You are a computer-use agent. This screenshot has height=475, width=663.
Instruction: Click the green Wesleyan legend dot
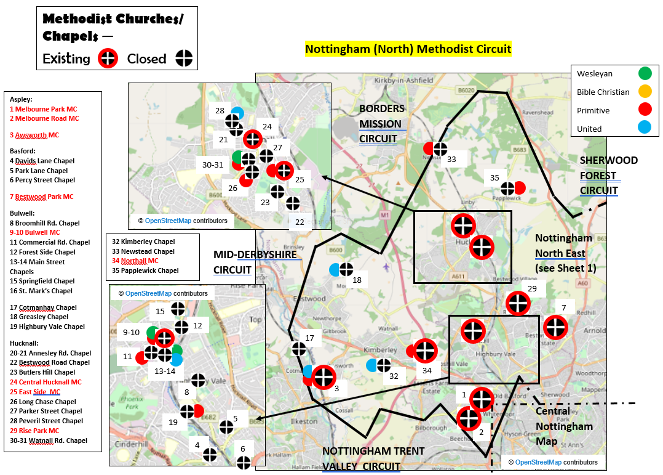(x=645, y=73)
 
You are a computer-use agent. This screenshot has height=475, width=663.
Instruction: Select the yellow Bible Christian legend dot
(x=645, y=92)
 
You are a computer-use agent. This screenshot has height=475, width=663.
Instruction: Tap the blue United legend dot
(x=645, y=129)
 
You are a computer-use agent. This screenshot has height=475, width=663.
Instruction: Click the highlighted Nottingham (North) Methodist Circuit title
(x=408, y=49)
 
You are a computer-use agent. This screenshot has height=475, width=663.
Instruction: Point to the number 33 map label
(x=451, y=159)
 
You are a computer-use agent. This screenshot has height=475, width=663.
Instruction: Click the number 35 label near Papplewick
(x=494, y=178)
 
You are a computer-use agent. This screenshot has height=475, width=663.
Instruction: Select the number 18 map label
(x=357, y=280)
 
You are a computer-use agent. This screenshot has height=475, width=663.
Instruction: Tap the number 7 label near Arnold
(x=563, y=307)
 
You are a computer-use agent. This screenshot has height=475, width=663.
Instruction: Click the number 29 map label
(x=532, y=288)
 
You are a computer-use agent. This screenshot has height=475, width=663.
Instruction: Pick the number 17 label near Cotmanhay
(x=309, y=338)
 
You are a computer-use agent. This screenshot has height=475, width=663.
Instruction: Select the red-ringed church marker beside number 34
(x=425, y=351)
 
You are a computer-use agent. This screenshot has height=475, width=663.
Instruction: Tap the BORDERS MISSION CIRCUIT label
(x=380, y=123)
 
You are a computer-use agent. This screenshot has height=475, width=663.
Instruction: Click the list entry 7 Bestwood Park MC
(x=41, y=197)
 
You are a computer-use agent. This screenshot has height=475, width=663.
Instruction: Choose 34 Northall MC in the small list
(x=135, y=261)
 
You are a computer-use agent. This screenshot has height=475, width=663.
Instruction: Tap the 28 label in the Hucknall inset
(x=220, y=111)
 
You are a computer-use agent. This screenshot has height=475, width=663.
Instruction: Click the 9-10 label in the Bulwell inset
(x=132, y=332)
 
